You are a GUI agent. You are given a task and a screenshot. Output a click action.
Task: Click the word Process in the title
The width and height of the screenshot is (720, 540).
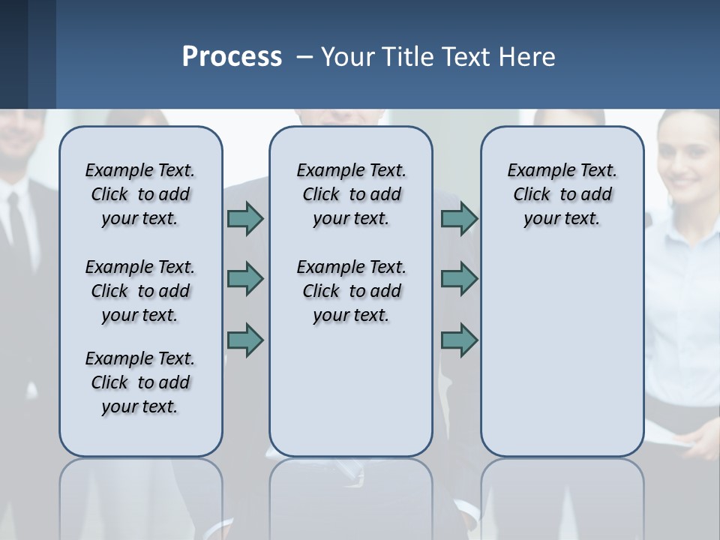click(232, 56)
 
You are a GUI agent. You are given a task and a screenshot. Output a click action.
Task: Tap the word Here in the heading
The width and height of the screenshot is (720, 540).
click(529, 56)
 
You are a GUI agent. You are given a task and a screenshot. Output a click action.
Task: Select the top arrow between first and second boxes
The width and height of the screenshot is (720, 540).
click(245, 218)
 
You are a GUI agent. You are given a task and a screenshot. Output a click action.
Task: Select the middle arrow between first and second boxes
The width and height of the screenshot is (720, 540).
click(245, 279)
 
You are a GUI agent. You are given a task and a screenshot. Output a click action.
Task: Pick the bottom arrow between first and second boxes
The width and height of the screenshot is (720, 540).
click(245, 340)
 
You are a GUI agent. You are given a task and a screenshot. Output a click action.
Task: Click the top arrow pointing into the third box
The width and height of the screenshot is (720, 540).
click(459, 218)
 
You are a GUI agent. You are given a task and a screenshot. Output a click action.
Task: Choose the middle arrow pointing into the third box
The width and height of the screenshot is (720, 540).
click(459, 279)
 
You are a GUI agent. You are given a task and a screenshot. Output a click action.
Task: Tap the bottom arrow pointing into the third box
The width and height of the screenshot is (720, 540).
click(459, 340)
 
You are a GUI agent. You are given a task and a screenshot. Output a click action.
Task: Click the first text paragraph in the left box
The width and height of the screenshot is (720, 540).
click(140, 194)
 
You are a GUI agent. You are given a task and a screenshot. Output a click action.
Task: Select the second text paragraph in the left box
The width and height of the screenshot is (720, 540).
click(140, 291)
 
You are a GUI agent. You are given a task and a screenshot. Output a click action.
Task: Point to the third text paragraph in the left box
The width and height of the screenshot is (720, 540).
click(140, 382)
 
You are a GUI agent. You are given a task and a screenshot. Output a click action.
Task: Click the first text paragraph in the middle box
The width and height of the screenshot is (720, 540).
click(351, 194)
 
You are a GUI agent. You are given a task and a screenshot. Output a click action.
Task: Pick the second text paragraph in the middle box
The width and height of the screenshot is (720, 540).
click(351, 291)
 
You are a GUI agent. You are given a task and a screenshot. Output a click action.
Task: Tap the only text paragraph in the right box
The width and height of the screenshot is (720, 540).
click(562, 194)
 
